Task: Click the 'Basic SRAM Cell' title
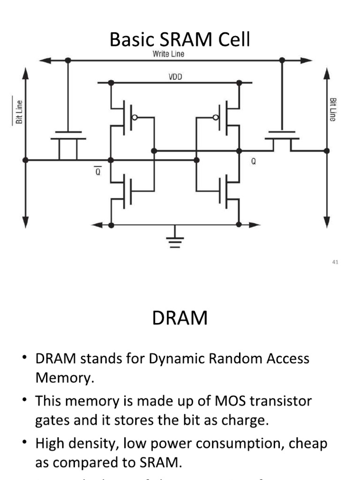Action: pyautogui.click(x=180, y=40)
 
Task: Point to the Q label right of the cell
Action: pyautogui.click(x=254, y=161)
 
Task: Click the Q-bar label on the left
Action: pyautogui.click(x=98, y=172)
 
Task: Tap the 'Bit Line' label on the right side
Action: pyautogui.click(x=332, y=110)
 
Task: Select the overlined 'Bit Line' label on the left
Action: pyautogui.click(x=19, y=111)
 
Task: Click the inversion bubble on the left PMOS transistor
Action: pyautogui.click(x=135, y=117)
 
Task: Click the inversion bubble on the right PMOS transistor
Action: pyautogui.click(x=216, y=117)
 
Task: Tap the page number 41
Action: pyautogui.click(x=335, y=262)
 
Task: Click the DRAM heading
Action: pyautogui.click(x=180, y=318)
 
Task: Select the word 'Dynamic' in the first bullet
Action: pyautogui.click(x=178, y=360)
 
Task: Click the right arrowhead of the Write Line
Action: pyautogui.click(x=307, y=60)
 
